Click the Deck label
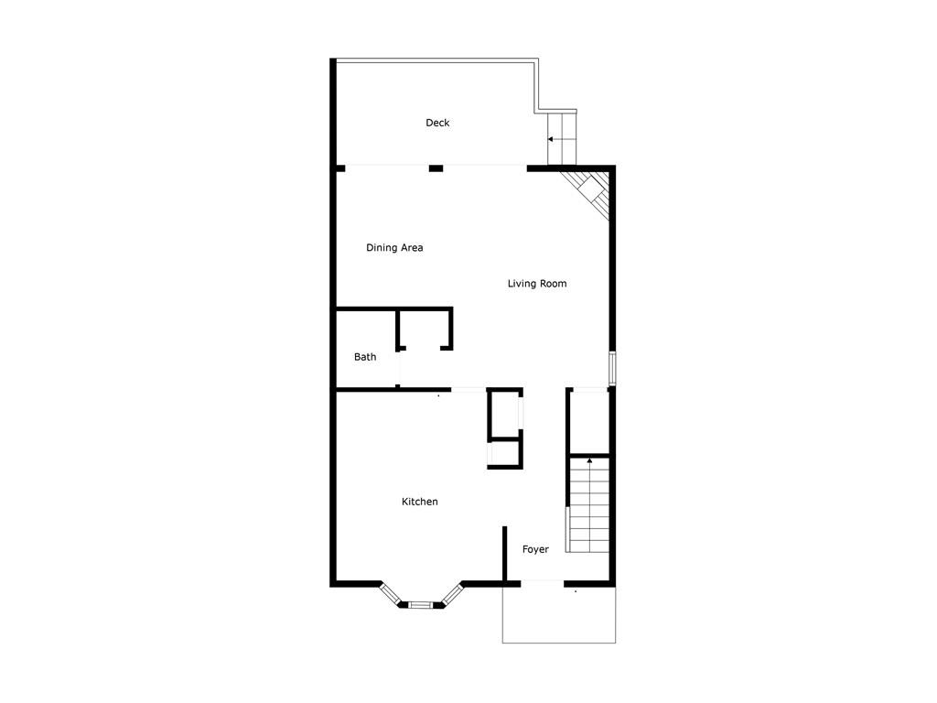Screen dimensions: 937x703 pos(437,123)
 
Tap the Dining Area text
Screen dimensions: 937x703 pos(394,247)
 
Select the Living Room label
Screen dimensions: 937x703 pos(537,284)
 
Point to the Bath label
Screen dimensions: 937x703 pos(365,357)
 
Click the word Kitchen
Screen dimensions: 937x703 pos(419,502)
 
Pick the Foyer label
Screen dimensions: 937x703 pos(535,549)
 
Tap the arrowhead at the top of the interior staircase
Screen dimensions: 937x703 pos(590,460)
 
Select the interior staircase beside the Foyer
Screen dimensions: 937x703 pos(588,505)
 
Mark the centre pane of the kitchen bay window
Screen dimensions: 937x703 pos(421,605)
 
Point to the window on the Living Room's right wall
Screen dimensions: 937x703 pos(612,368)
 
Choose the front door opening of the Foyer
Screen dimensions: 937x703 pos(543,581)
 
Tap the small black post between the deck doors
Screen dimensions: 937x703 pos(436,168)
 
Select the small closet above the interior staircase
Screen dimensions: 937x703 pos(589,421)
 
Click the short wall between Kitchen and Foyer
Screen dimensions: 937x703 pos(504,554)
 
